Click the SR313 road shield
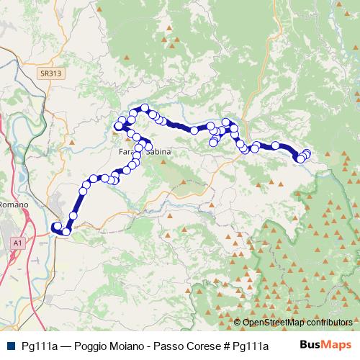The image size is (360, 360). (49, 73)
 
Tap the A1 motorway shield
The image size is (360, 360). (17, 245)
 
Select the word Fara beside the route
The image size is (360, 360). (127, 153)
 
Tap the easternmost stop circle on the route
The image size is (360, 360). (307, 153)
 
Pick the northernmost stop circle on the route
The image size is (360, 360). (145, 108)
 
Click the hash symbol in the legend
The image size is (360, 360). (226, 345)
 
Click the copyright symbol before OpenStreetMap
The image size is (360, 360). (238, 323)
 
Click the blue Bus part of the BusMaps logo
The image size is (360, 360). (310, 345)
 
